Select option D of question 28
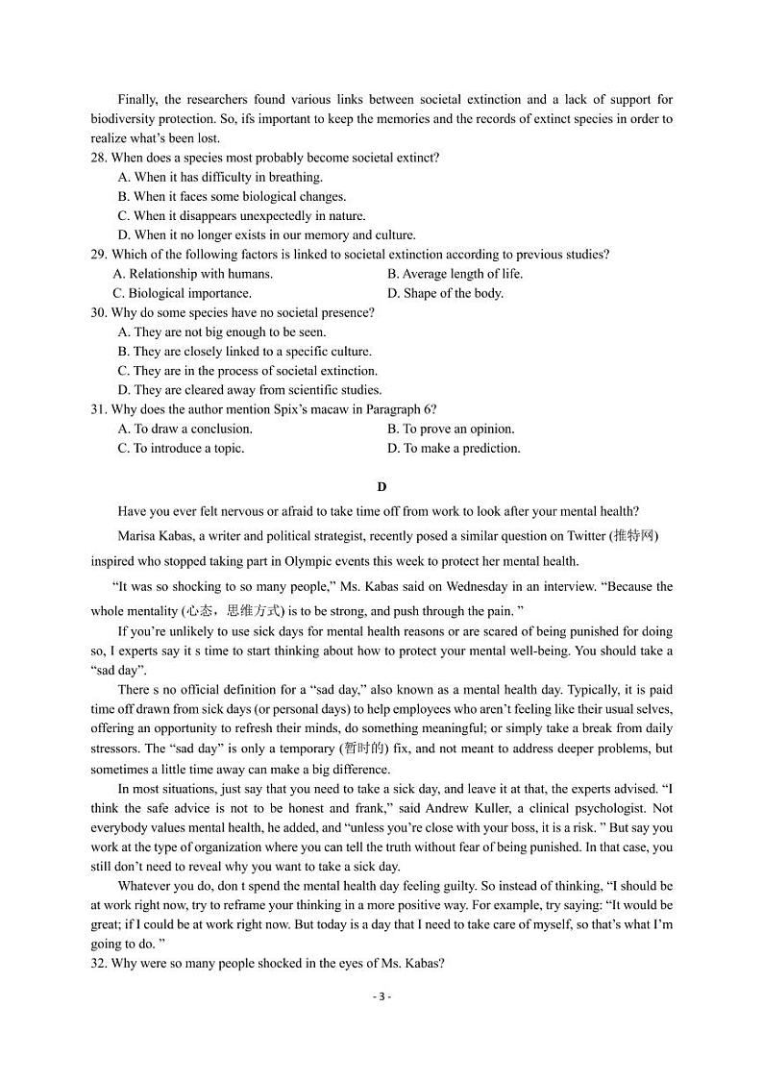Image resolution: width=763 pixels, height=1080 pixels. [x=266, y=235]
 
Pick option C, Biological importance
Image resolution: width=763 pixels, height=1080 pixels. [x=182, y=293]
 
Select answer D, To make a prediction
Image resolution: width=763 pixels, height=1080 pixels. [x=454, y=448]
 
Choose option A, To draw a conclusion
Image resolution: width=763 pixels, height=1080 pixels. [x=185, y=429]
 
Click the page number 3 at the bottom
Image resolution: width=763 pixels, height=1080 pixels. [x=381, y=996]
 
